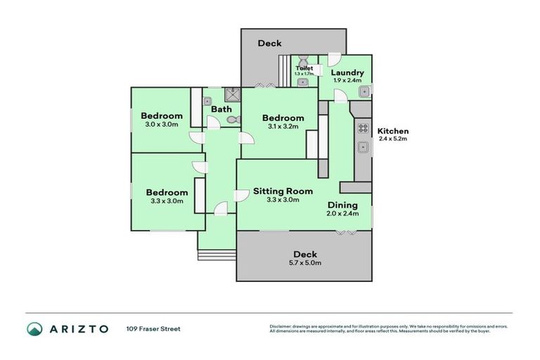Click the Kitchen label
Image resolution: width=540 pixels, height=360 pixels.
click(392, 131)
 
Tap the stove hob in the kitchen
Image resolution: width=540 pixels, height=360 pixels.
click(364, 128)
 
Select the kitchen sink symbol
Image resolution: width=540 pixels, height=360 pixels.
click(364, 148)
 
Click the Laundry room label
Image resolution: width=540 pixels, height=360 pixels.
click(347, 72)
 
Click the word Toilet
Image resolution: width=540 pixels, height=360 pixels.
click(304, 68)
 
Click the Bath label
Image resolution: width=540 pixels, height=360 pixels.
click(221, 109)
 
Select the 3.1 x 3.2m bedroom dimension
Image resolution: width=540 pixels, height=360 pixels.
click(283, 127)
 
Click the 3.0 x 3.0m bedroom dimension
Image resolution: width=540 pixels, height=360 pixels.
click(161, 124)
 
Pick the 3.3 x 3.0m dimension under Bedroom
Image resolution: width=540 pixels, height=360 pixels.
click(167, 201)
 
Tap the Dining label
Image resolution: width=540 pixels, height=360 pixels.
click(343, 205)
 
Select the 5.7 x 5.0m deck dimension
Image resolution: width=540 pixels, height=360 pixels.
click(305, 263)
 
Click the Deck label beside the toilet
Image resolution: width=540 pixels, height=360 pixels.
click(269, 43)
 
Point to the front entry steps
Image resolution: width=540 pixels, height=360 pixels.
click(217, 254)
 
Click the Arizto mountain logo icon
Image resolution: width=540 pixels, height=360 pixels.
click(35, 328)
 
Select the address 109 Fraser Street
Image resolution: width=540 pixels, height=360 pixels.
click(153, 328)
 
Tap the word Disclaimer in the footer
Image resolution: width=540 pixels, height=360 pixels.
click(281, 326)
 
